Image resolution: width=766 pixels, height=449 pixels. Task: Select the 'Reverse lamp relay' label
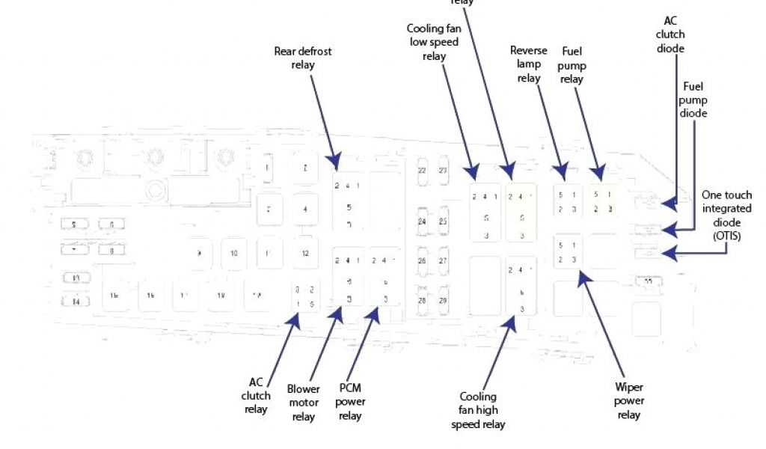pyautogui.click(x=528, y=64)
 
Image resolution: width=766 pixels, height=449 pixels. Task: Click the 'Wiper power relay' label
pyautogui.click(x=629, y=400)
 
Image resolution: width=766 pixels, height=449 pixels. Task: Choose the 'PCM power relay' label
pyautogui.click(x=350, y=402)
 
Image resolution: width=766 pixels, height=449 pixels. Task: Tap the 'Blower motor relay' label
pyautogui.click(x=303, y=403)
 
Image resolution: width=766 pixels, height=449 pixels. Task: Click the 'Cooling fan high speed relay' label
pyautogui.click(x=478, y=410)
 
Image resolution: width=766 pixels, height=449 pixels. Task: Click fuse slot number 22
pyautogui.click(x=422, y=171)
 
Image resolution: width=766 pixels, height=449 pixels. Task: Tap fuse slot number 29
pyautogui.click(x=443, y=299)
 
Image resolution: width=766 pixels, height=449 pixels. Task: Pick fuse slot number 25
pyautogui.click(x=443, y=222)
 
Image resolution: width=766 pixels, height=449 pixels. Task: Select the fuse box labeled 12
pyautogui.click(x=304, y=253)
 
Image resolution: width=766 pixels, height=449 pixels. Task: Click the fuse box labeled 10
pyautogui.click(x=233, y=253)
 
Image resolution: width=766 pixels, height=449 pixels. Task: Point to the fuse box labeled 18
pyautogui.click(x=221, y=296)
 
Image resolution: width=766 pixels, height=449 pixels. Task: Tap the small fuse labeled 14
pyautogui.click(x=76, y=302)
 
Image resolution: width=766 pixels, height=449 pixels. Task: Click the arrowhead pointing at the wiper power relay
pyautogui.click(x=581, y=276)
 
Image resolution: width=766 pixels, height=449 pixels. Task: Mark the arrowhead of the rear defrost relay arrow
pyautogui.click(x=333, y=160)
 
